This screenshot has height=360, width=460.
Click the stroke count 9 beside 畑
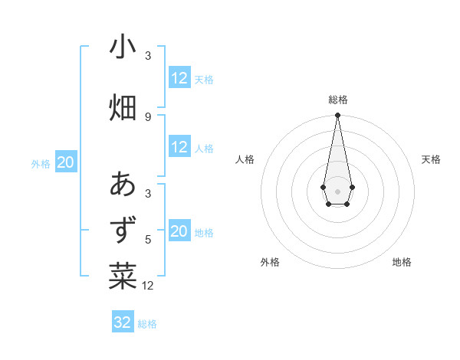click(148, 116)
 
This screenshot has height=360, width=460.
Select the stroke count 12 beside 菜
click(149, 286)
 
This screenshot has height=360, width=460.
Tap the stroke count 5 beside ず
click(148, 239)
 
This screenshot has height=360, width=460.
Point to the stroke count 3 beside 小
click(148, 55)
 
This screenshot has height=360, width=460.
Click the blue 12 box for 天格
click(179, 78)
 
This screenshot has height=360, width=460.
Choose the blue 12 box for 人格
click(179, 147)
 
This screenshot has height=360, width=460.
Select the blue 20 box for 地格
click(179, 231)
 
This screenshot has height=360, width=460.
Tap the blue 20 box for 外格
click(66, 162)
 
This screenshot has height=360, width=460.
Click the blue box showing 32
click(123, 322)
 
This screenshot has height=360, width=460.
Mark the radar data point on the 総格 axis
click(337, 115)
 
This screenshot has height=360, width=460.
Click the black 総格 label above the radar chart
click(337, 100)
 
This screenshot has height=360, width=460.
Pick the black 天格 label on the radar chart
click(431, 159)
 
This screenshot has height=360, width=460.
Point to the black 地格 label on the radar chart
click(402, 263)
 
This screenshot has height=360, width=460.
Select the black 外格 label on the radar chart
click(270, 263)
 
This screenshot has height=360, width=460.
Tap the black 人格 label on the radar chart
click(245, 159)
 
